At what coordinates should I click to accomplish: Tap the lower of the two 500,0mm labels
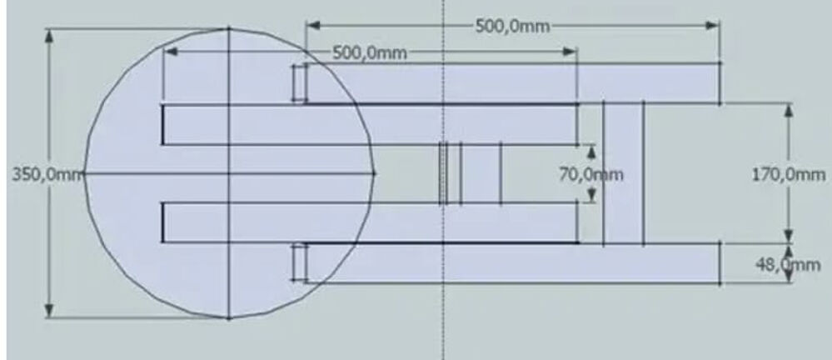pos(369,52)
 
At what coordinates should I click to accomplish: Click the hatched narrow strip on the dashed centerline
pos(443,173)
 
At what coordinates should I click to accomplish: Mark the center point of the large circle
pos(229,173)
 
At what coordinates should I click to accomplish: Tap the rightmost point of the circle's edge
pos(374,173)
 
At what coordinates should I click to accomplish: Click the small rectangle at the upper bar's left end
pos(299,82)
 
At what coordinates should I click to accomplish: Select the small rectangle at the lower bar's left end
pos(299,262)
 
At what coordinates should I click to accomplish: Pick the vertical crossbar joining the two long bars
pos(623,173)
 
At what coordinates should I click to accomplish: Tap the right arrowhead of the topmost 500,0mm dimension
pos(714,25)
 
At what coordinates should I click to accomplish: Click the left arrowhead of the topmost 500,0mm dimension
pos(311,25)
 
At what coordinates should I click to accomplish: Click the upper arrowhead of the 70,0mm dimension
pos(591,150)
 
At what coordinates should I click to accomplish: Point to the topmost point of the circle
pos(229,28)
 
